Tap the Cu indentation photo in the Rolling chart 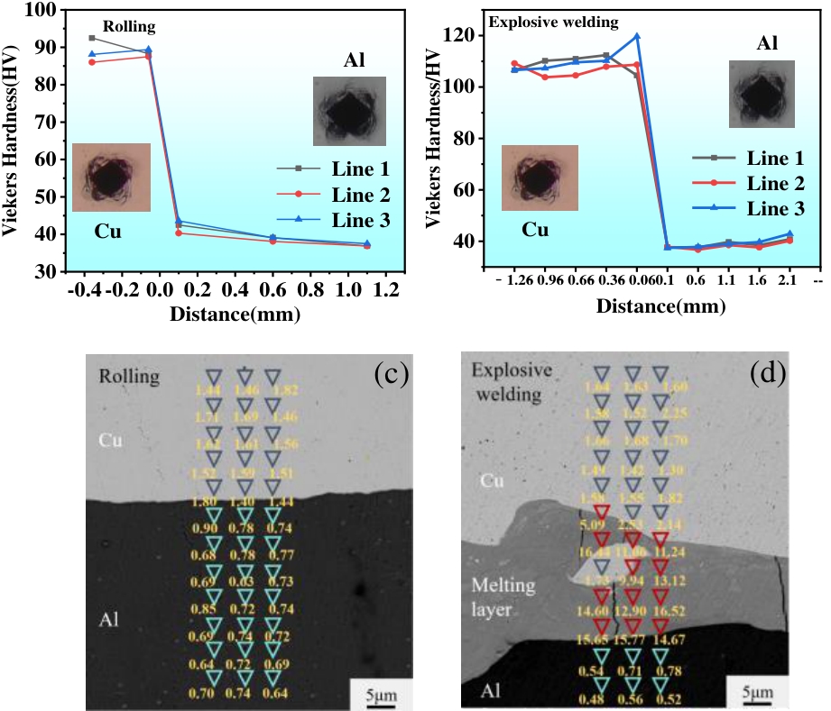pos(111,177)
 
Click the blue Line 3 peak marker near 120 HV pos(637,36)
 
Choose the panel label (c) pos(391,372)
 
